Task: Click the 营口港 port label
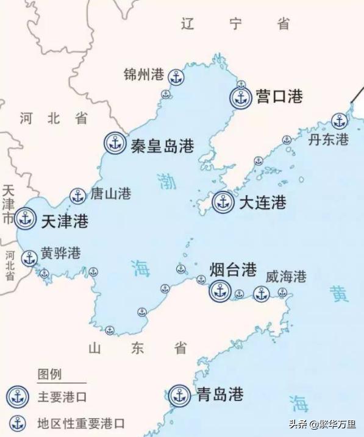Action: [279, 96]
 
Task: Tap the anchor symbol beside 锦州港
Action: [176, 77]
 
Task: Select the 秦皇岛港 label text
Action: [162, 146]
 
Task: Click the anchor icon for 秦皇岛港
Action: [114, 143]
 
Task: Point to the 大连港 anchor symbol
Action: [223, 202]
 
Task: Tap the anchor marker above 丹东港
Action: [339, 121]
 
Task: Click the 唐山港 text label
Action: [110, 194]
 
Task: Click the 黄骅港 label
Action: [60, 254]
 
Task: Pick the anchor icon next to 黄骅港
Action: [29, 258]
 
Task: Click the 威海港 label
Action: [285, 276]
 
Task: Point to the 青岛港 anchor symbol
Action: [179, 395]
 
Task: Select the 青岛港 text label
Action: [220, 394]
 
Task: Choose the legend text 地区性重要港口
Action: [80, 422]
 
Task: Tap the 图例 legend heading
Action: [49, 374]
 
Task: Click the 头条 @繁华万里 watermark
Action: [324, 422]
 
